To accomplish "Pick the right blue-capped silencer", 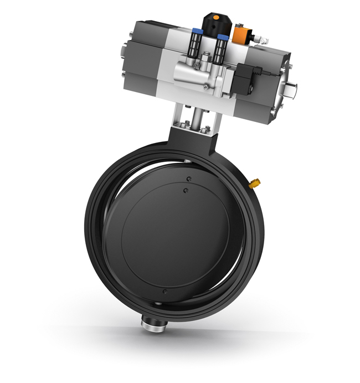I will [x=223, y=45].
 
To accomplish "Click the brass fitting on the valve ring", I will [x=256, y=182].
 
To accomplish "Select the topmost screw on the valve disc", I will [x=189, y=178].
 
